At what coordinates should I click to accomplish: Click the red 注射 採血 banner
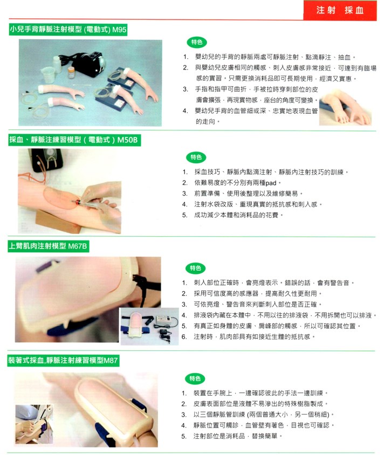(x=340, y=10)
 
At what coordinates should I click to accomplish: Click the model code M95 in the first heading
(x=119, y=29)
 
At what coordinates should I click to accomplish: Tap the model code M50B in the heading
(x=127, y=140)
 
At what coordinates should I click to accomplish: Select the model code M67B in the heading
(x=77, y=246)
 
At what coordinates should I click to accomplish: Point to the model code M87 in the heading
(x=111, y=361)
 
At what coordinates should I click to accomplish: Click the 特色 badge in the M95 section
(x=197, y=43)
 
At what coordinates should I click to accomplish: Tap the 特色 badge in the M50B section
(x=196, y=157)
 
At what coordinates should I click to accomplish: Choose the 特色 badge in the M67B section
(x=195, y=268)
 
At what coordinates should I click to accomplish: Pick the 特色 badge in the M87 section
(x=195, y=378)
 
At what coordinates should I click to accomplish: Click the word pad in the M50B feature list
(x=271, y=183)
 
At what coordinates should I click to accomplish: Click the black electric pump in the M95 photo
(x=83, y=63)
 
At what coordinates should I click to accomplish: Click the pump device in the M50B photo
(x=47, y=160)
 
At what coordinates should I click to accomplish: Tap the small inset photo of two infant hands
(x=345, y=108)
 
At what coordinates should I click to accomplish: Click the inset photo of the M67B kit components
(x=149, y=327)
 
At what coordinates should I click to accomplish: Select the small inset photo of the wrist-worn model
(x=35, y=424)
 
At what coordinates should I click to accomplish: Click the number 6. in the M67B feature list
(x=184, y=337)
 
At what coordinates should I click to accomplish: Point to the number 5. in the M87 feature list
(x=184, y=436)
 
